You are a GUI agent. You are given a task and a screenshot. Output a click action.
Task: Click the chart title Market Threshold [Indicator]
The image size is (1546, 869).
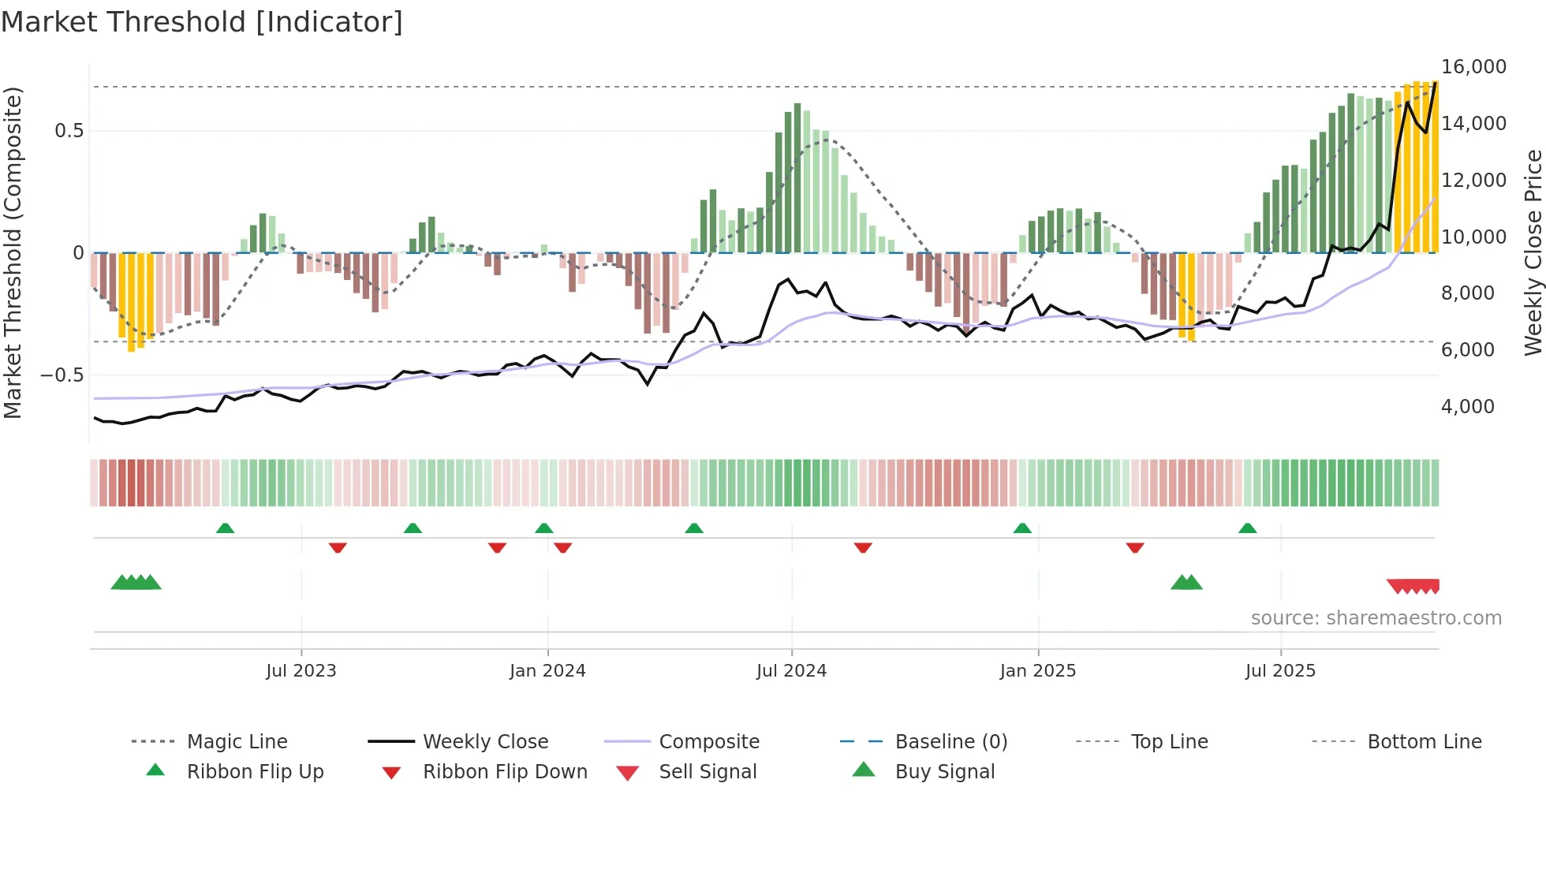(202, 22)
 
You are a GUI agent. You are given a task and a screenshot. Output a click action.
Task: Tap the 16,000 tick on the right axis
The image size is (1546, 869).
(1473, 67)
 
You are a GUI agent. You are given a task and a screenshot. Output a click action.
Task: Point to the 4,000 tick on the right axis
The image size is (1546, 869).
(1467, 407)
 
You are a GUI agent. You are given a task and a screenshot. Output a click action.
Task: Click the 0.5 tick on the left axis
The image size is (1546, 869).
(69, 131)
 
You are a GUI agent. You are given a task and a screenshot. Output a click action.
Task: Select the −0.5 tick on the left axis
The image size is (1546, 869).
(62, 375)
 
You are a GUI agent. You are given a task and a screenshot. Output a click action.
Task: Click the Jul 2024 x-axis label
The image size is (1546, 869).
(791, 671)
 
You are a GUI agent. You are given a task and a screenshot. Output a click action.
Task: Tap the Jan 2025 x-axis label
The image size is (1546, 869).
(1037, 671)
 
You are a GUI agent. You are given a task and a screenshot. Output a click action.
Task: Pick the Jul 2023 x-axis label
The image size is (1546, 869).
(301, 671)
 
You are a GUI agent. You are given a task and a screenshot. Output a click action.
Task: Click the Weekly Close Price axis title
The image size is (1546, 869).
(1533, 252)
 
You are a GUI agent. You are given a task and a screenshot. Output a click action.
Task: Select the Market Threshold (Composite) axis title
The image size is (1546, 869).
(13, 252)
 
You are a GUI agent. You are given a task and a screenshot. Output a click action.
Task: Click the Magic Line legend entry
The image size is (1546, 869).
(237, 742)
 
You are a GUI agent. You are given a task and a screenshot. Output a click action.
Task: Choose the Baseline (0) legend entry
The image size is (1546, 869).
(950, 742)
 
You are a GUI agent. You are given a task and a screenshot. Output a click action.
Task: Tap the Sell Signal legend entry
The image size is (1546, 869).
(707, 772)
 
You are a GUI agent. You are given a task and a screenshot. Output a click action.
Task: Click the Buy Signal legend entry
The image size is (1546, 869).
(944, 772)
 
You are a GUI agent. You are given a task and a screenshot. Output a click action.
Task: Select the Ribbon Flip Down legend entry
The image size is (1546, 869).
(505, 772)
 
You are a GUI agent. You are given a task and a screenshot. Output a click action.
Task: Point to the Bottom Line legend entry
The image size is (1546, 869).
(1424, 742)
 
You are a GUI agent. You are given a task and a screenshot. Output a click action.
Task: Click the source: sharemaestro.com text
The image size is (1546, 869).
(1376, 618)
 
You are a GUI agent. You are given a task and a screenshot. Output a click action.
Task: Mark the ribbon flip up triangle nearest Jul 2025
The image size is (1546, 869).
(1247, 528)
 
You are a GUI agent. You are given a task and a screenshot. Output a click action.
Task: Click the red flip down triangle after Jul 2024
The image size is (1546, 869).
(863, 547)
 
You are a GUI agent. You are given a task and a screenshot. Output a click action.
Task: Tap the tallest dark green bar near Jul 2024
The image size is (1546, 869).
(797, 177)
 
